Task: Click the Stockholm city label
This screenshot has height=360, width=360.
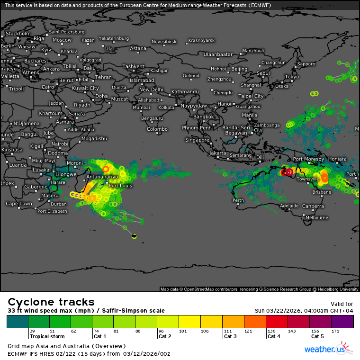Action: (x=18, y=34)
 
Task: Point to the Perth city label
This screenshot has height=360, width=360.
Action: (x=238, y=200)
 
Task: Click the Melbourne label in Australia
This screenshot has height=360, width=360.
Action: (x=316, y=217)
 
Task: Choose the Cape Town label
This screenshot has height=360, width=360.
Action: (x=19, y=204)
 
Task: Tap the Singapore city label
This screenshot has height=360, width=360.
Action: (x=197, y=140)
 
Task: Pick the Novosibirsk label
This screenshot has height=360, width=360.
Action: (x=164, y=42)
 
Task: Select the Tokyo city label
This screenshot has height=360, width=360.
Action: (x=292, y=77)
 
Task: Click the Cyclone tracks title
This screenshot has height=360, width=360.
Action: (x=51, y=302)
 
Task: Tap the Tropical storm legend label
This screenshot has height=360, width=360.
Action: (x=46, y=336)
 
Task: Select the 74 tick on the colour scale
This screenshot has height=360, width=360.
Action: (x=97, y=331)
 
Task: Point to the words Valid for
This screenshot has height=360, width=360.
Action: (x=341, y=304)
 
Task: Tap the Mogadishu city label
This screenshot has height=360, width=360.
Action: (x=94, y=138)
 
